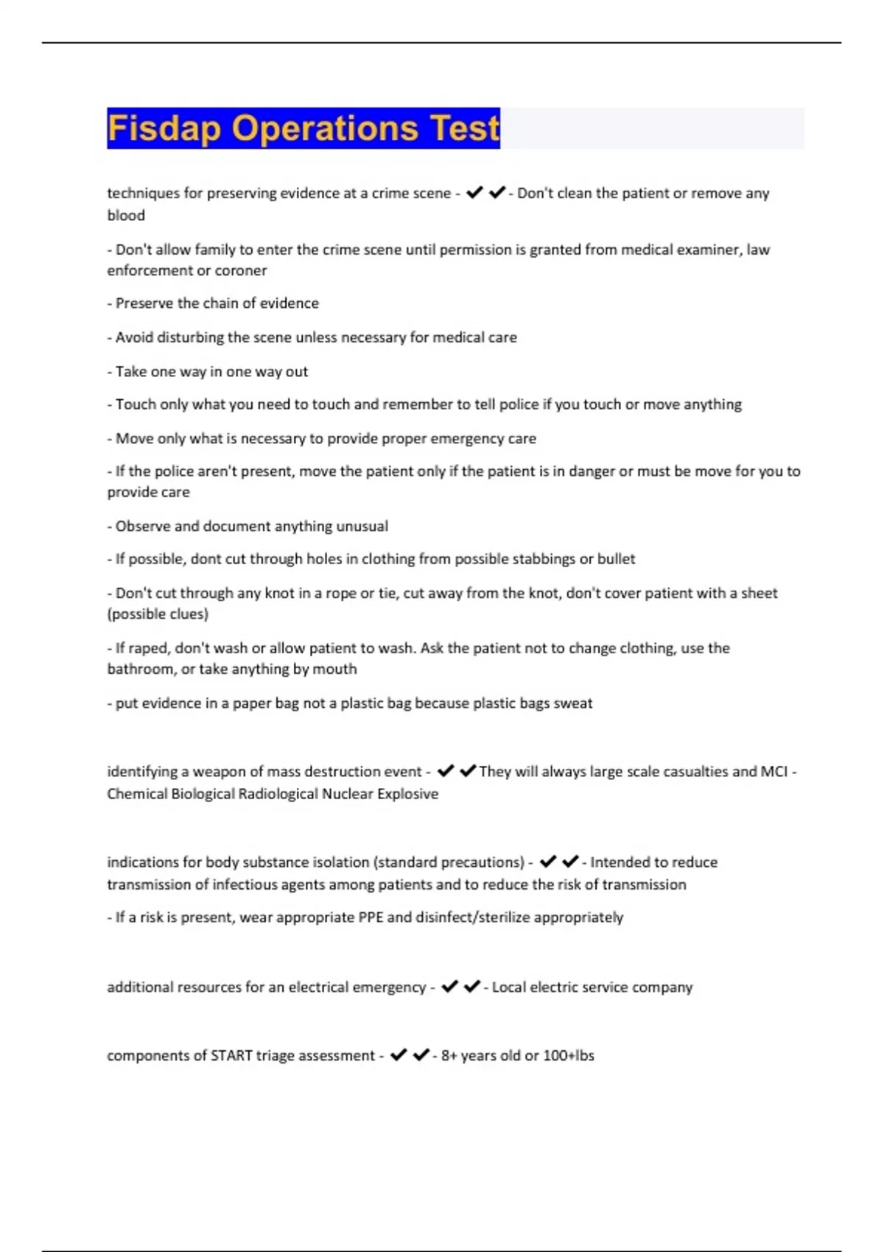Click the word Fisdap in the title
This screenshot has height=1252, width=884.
click(x=164, y=129)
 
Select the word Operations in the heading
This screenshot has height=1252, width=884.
click(x=326, y=129)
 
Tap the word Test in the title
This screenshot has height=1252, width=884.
click(x=464, y=129)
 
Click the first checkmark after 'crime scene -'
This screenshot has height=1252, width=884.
click(x=474, y=193)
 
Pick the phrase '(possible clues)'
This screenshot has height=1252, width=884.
click(x=158, y=613)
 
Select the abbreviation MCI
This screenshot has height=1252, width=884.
click(x=773, y=772)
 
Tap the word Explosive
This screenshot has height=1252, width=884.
click(x=407, y=794)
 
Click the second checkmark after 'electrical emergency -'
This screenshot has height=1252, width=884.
click(x=472, y=987)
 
